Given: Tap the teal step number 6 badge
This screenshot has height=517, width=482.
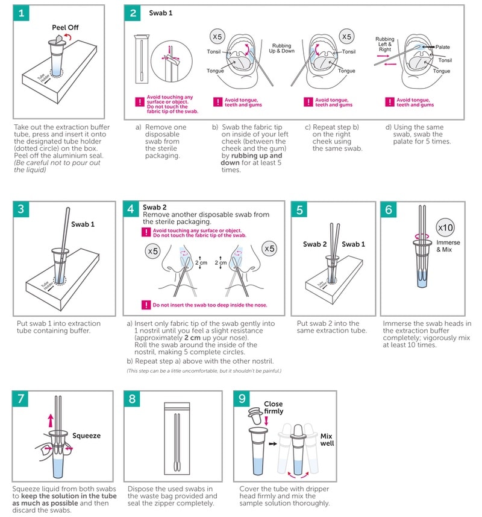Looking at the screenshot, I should tap(390, 210).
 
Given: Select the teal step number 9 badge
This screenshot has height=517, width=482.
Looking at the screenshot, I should tap(243, 399).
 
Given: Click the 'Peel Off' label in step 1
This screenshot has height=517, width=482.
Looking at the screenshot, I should tap(64, 28).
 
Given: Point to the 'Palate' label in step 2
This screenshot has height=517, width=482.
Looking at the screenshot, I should tap(443, 47).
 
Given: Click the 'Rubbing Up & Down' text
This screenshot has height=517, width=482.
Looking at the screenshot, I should tap(281, 49).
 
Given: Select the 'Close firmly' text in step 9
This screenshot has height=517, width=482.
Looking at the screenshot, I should tap(273, 408).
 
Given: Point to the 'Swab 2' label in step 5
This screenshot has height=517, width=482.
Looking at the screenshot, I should tap(314, 244).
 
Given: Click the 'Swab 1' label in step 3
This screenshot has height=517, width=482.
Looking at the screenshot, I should tap(83, 224).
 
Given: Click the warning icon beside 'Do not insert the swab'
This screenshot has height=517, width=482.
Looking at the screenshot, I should tap(145, 305).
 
